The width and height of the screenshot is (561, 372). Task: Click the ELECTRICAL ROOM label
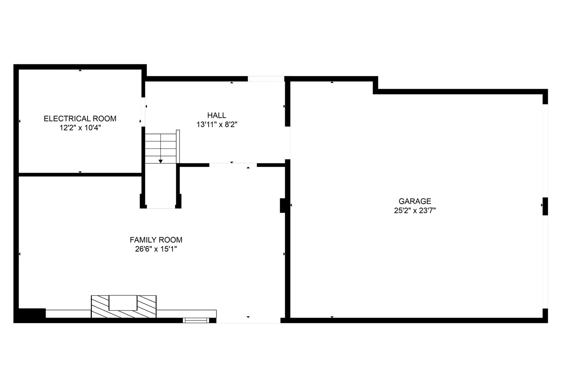tap(80, 118)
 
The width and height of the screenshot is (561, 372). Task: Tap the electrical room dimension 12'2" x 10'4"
tap(80, 128)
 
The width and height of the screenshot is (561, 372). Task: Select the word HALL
tap(217, 115)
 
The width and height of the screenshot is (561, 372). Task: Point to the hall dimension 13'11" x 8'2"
tap(217, 125)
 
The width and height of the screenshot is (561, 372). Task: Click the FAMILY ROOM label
tap(156, 240)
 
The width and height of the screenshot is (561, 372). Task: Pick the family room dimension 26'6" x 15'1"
tap(156, 249)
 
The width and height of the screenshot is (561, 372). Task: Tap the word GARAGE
tap(415, 201)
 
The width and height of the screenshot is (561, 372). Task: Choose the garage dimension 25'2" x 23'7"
tap(415, 211)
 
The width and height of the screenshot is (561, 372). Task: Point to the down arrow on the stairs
tap(160, 161)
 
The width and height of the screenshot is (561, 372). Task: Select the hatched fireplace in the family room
tap(124, 306)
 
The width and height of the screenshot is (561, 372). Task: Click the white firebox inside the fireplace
tap(123, 303)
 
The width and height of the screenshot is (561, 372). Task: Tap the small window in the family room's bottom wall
tap(196, 320)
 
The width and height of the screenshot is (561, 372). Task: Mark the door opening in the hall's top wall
tap(266, 79)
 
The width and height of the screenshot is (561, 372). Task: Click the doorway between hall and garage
tap(288, 143)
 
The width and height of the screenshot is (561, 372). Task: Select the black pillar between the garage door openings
tap(545, 206)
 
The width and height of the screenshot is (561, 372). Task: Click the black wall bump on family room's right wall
tap(283, 205)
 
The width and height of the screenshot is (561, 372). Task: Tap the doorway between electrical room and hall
tap(143, 112)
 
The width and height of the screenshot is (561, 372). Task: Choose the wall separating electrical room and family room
tap(80, 175)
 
